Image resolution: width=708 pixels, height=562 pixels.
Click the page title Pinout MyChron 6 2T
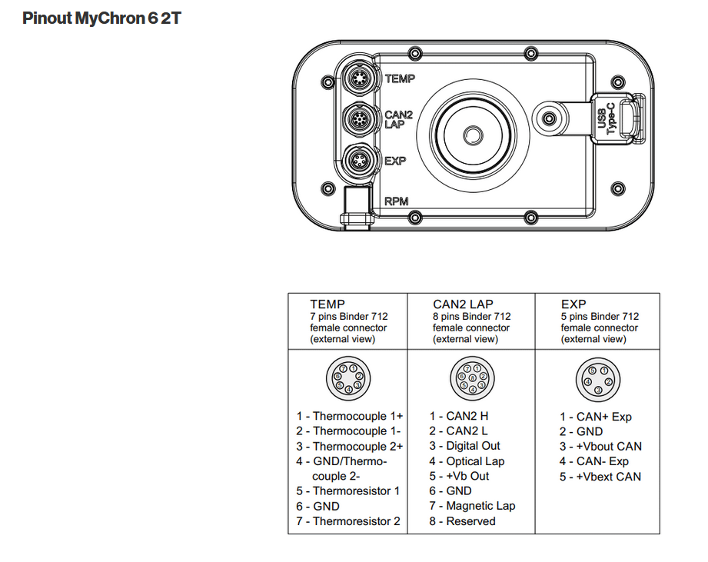click(x=101, y=18)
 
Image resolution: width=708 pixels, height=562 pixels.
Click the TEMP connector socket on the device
click(x=357, y=78)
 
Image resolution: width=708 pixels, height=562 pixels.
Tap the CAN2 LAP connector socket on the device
click(x=357, y=119)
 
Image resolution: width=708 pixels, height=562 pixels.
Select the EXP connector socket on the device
click(x=357, y=161)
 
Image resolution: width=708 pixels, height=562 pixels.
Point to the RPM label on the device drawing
click(x=396, y=202)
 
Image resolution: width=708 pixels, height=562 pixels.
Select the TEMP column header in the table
click(x=327, y=304)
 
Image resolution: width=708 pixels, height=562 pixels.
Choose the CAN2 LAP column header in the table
click(x=463, y=304)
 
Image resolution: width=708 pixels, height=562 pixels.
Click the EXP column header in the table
click(x=574, y=304)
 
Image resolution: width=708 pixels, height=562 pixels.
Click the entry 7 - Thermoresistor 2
click(x=348, y=521)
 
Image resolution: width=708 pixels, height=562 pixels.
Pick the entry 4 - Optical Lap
click(x=467, y=461)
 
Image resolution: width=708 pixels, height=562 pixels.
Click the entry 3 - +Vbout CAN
click(x=600, y=446)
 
